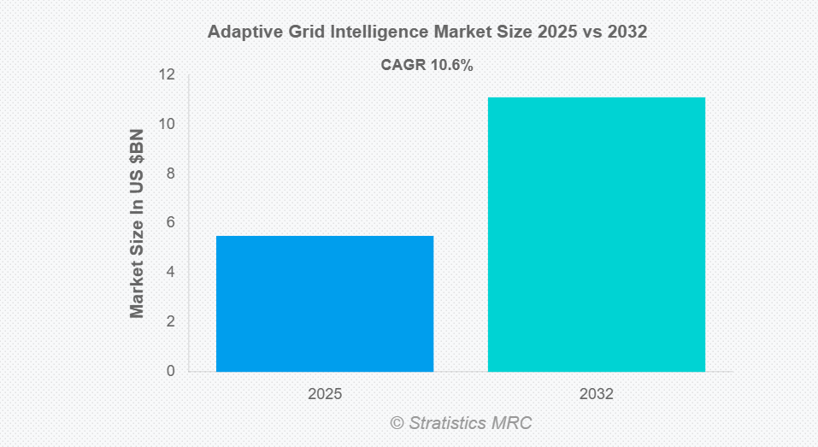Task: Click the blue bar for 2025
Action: [325, 303]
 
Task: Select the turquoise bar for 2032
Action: [596, 234]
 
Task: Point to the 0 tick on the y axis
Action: [171, 371]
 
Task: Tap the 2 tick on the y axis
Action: [171, 321]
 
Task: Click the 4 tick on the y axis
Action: [171, 272]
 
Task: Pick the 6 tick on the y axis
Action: [171, 222]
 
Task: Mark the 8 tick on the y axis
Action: [171, 174]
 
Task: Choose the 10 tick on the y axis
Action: [167, 124]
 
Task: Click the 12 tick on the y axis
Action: [167, 75]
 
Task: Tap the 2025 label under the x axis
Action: [325, 395]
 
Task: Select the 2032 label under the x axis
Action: [596, 395]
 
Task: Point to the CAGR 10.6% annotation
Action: [427, 65]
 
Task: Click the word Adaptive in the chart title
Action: [238, 33]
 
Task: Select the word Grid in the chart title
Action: [297, 33]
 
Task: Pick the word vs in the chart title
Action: [591, 33]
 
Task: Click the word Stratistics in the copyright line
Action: [447, 423]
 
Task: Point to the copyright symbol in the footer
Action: [397, 423]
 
